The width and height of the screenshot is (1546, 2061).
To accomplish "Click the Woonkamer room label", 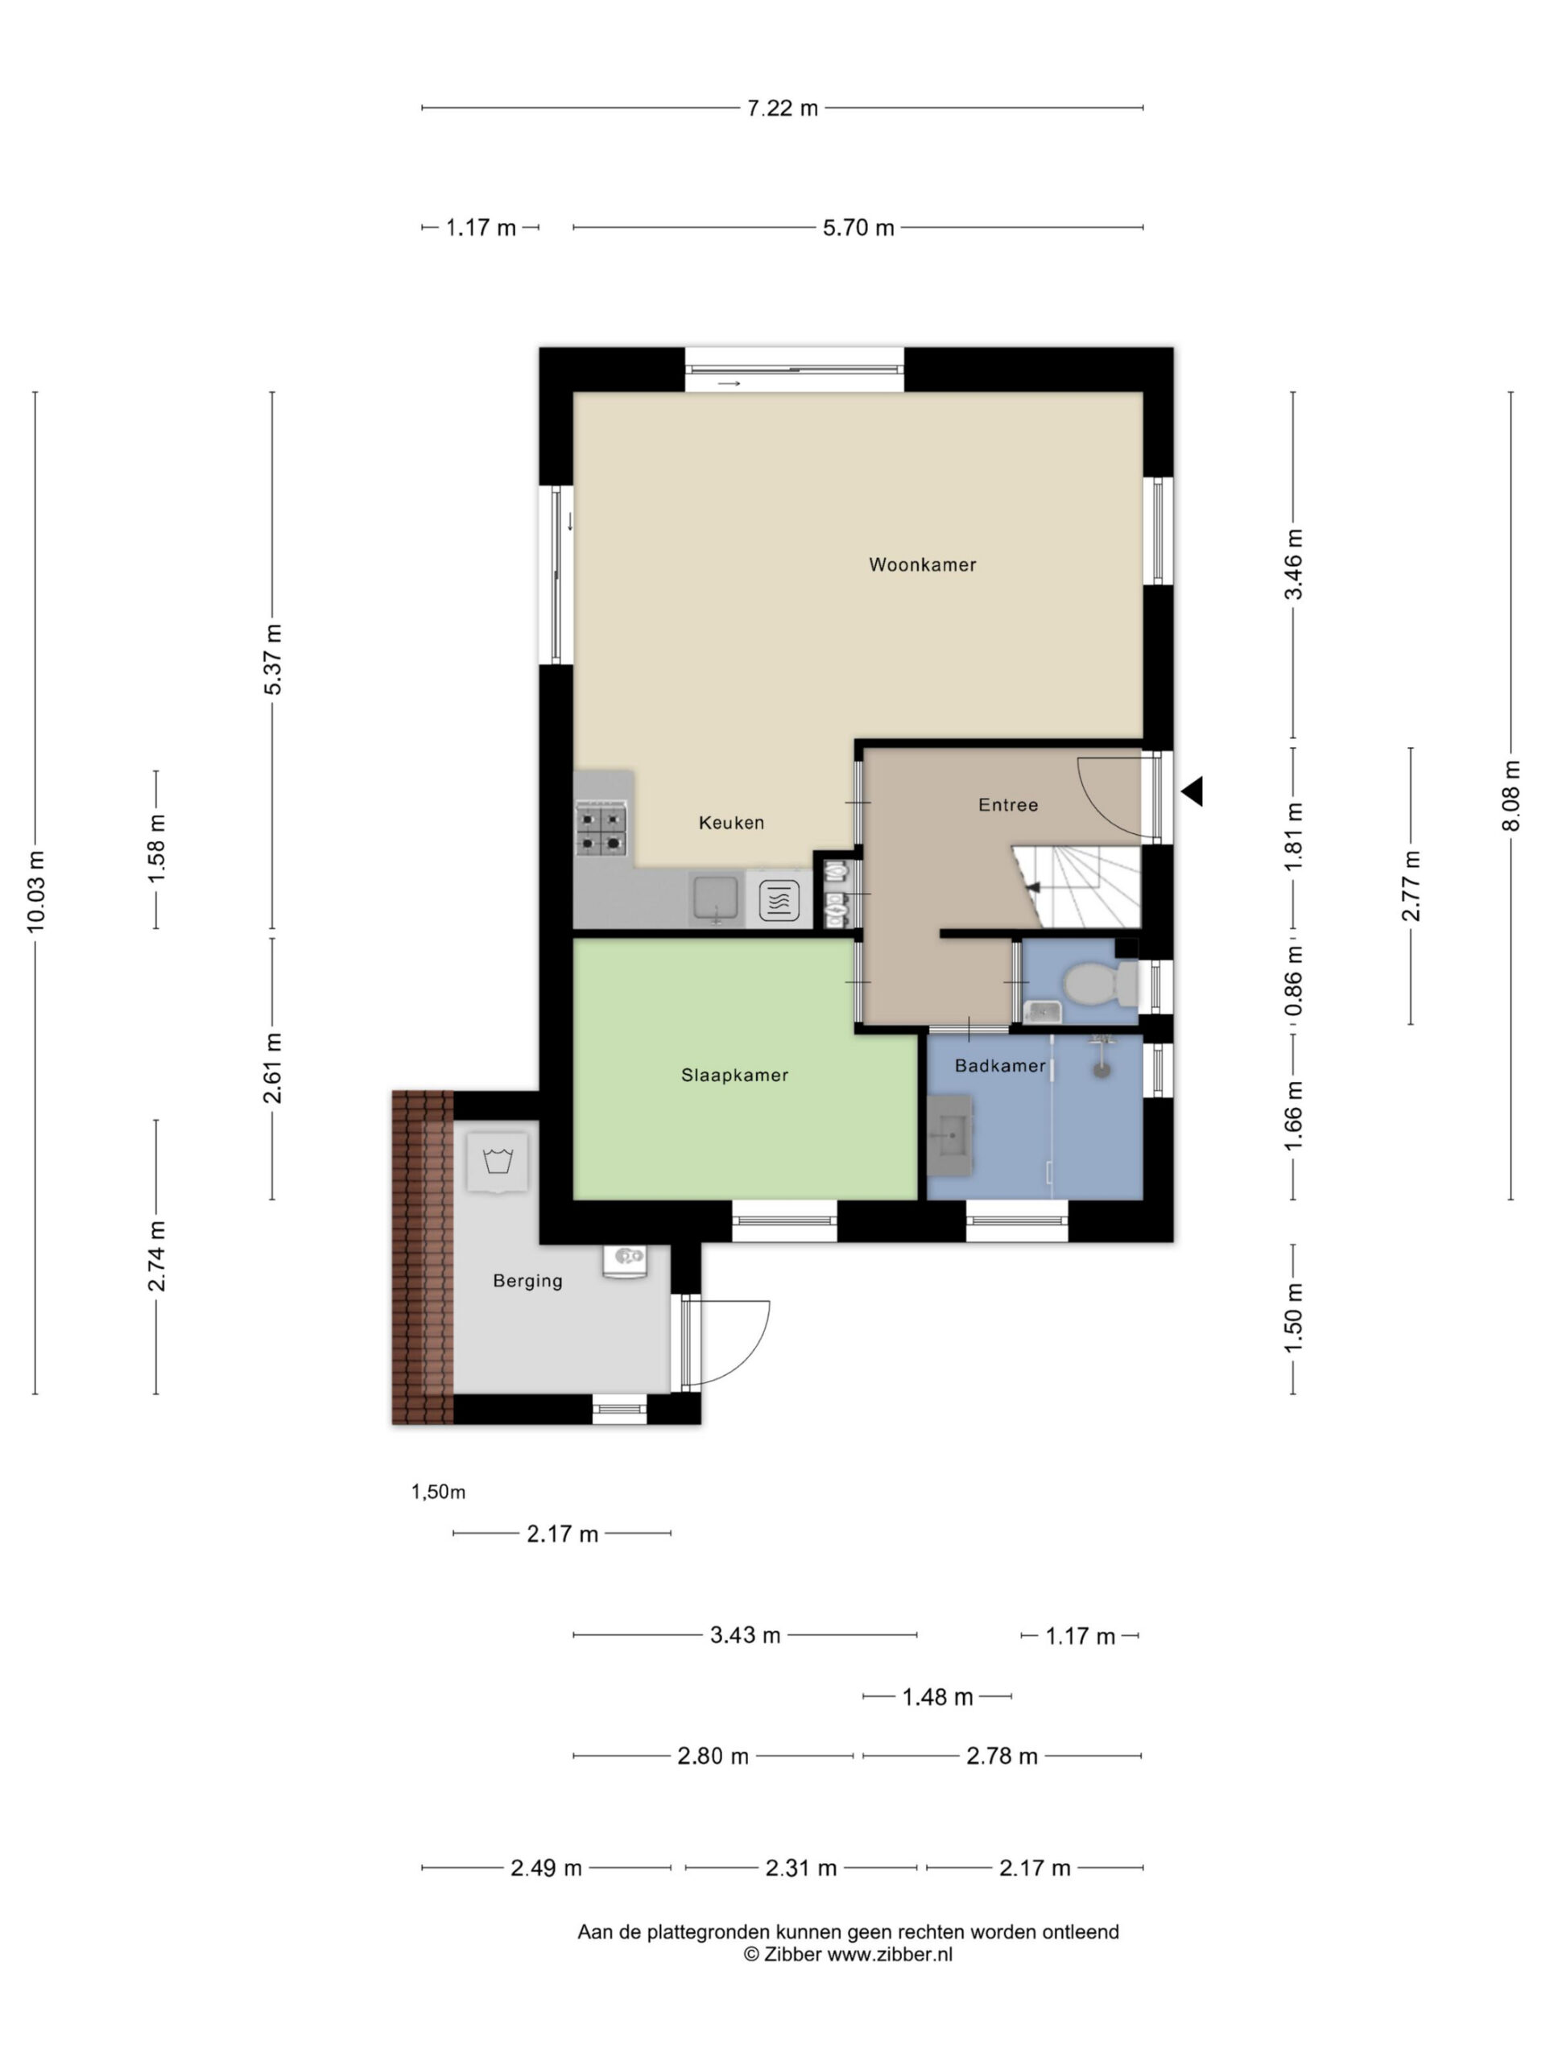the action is pyautogui.click(x=922, y=564).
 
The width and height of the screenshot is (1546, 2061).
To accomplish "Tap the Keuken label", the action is pyautogui.click(x=731, y=823).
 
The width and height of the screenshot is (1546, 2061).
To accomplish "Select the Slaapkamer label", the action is pyautogui.click(x=734, y=1076).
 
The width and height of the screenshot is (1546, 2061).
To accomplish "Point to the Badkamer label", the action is pyautogui.click(x=1000, y=1066).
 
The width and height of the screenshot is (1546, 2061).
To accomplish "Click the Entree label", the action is pyautogui.click(x=1008, y=805).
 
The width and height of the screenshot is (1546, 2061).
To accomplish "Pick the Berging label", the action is pyautogui.click(x=527, y=1281).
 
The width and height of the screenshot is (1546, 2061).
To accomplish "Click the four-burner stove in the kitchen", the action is pyautogui.click(x=601, y=829).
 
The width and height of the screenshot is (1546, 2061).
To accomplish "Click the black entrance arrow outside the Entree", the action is pyautogui.click(x=1192, y=791).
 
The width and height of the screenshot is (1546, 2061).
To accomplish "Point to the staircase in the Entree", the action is pyautogui.click(x=1077, y=886).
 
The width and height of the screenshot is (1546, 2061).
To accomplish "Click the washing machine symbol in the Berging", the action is pyautogui.click(x=498, y=1162).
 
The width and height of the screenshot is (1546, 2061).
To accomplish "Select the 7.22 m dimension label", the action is pyautogui.click(x=783, y=108).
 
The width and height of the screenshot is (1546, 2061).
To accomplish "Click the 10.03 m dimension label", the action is pyautogui.click(x=35, y=892).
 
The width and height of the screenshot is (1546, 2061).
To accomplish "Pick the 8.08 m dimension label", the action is pyautogui.click(x=1511, y=795).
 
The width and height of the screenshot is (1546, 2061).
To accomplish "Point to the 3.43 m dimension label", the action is pyautogui.click(x=746, y=1635).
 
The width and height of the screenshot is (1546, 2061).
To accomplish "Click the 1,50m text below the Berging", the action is pyautogui.click(x=438, y=1492).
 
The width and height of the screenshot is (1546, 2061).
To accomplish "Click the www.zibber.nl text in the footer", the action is pyautogui.click(x=890, y=1955).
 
